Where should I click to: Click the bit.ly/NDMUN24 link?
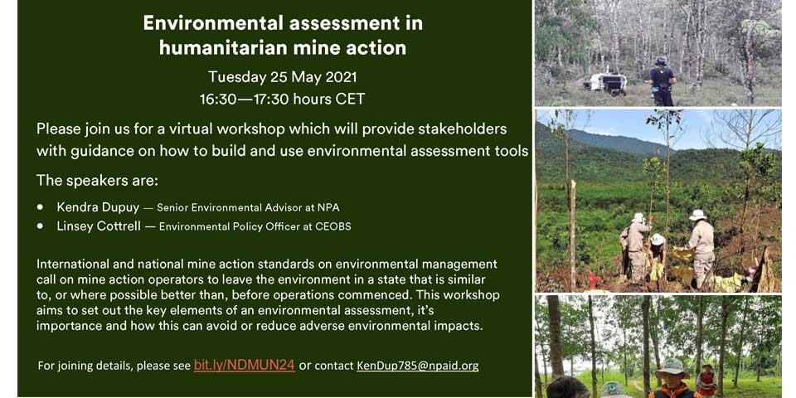pyautogui.click(x=244, y=366)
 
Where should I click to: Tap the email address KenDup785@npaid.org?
pyautogui.click(x=417, y=366)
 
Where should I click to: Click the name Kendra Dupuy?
pyautogui.click(x=98, y=207)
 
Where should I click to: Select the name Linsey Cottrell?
pyautogui.click(x=99, y=226)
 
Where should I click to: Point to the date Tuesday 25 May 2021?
pyautogui.click(x=282, y=77)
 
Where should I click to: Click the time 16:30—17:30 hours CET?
pyautogui.click(x=282, y=99)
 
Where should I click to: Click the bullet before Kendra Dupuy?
pyautogui.click(x=40, y=207)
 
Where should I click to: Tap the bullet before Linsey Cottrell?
pyautogui.click(x=40, y=227)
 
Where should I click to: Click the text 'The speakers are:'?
pyautogui.click(x=95, y=182)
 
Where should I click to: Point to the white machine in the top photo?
pyautogui.click(x=605, y=83)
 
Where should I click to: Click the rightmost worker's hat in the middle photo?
pyautogui.click(x=697, y=215)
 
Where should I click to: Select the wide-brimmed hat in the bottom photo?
pyautogui.click(x=672, y=367)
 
